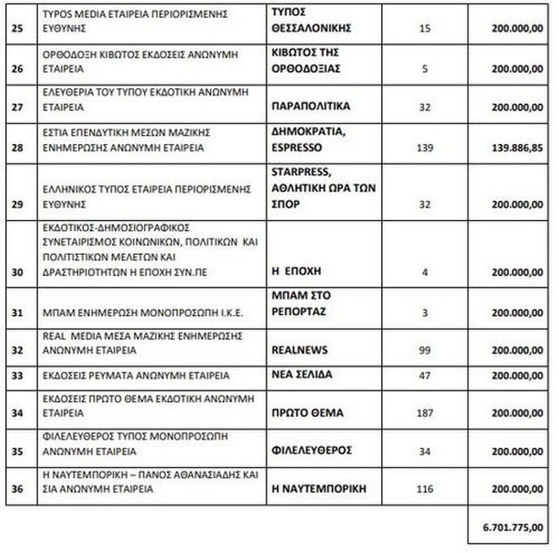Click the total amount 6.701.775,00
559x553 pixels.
tap(512, 527)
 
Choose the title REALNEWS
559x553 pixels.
tap(300, 349)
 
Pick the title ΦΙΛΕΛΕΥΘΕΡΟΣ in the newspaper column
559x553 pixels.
tap(311, 451)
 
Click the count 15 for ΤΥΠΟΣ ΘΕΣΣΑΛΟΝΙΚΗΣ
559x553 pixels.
tap(425, 28)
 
